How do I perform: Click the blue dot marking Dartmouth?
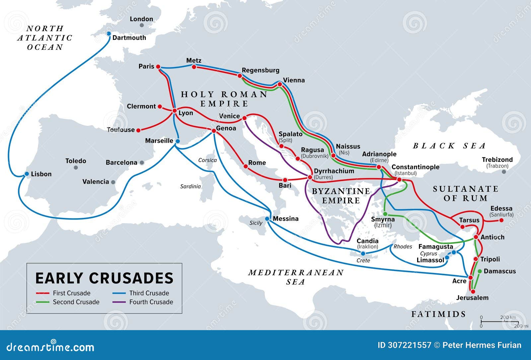click(109, 34)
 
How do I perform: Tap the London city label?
click(141, 19)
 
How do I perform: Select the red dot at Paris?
click(158, 67)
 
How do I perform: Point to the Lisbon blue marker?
click(27, 174)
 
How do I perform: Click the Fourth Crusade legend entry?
click(151, 302)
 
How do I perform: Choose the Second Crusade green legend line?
click(43, 302)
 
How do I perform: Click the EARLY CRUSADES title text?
click(104, 278)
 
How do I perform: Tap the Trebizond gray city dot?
click(504, 172)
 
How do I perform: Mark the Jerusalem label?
click(472, 298)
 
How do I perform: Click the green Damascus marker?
click(480, 271)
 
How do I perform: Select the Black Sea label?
click(449, 145)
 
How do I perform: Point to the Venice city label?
click(229, 116)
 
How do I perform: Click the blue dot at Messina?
click(267, 219)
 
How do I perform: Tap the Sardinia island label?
click(190, 186)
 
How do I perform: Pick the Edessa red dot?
click(501, 220)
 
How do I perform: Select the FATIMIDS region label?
click(438, 314)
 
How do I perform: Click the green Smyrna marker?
click(385, 214)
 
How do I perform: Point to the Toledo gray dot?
click(76, 168)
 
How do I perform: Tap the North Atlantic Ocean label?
click(45, 38)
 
